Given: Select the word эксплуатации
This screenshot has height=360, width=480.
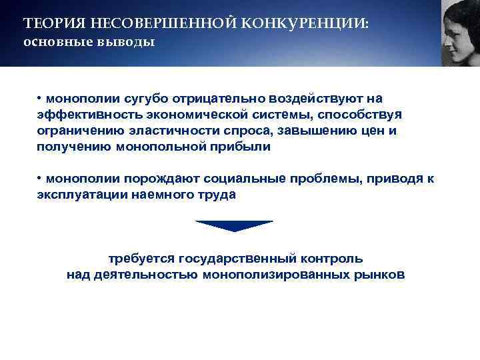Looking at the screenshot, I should [x=79, y=195].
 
